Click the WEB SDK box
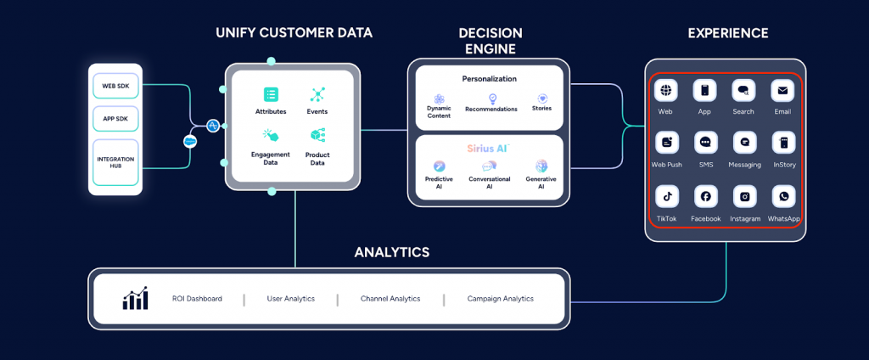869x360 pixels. click(115, 86)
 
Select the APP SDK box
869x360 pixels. click(115, 118)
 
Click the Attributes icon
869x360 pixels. click(271, 94)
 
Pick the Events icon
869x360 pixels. click(317, 94)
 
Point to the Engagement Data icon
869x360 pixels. click(271, 135)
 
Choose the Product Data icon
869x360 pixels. click(317, 135)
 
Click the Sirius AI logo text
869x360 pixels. click(487, 148)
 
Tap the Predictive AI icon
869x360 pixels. click(440, 166)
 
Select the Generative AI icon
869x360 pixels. click(541, 166)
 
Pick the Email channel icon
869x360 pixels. click(782, 90)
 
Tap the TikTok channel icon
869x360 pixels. click(667, 196)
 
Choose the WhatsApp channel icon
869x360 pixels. click(783, 196)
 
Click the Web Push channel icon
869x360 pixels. click(667, 143)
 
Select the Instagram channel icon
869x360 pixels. click(744, 196)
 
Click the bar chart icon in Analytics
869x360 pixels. click(136, 298)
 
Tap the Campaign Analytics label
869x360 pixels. click(501, 299)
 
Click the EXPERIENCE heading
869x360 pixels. click(727, 34)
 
